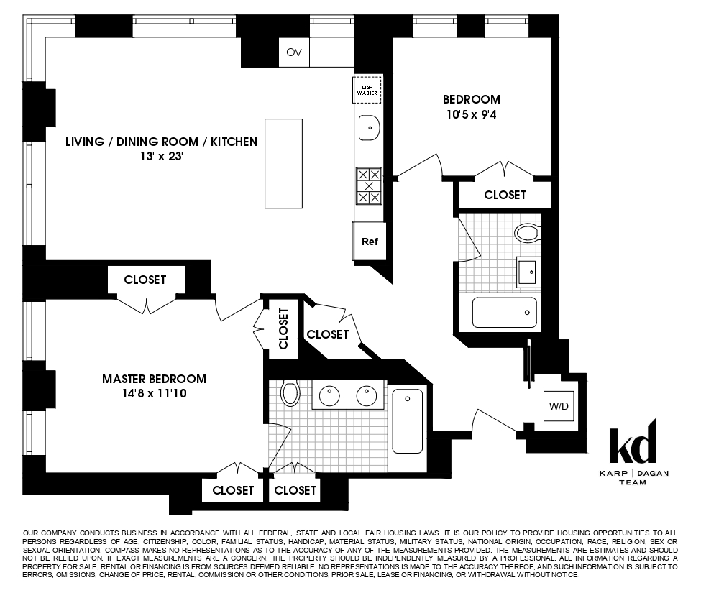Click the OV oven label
pos(293,52)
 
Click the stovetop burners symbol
pos(369,185)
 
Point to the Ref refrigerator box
pos(370,242)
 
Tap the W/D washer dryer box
pos(559,406)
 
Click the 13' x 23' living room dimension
pos(161,157)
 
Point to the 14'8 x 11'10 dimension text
pos(154,394)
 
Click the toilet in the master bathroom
pos(290,392)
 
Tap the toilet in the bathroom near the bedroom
pos(528,233)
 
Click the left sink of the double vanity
pos(331,395)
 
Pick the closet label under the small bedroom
pos(505,195)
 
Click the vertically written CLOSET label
pos(283,328)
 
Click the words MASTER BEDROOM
pos(154,379)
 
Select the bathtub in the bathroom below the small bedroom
pos(504,313)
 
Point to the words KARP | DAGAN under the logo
pos(633,473)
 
